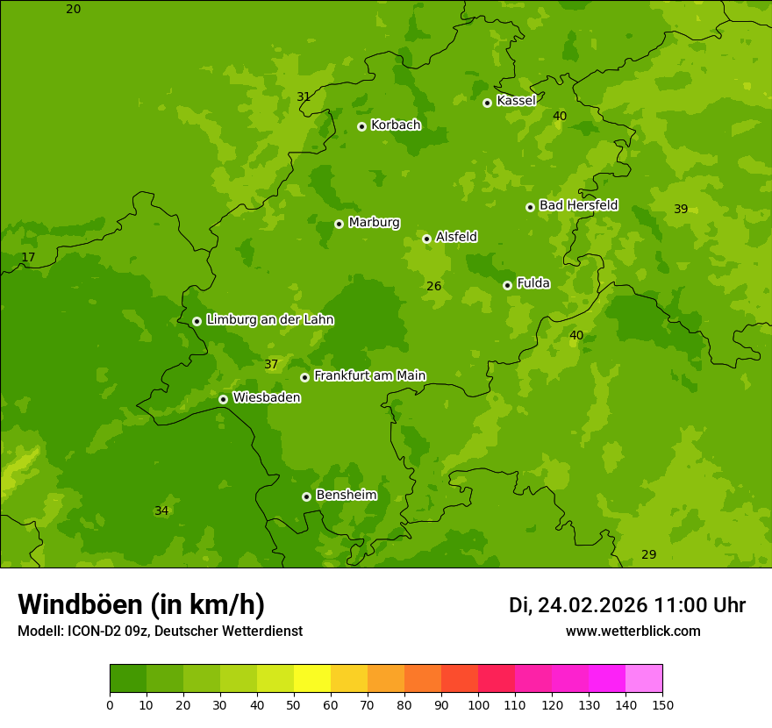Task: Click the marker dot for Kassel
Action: click(487, 103)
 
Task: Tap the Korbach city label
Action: click(396, 125)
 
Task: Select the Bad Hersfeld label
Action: click(578, 205)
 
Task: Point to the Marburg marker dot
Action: click(339, 224)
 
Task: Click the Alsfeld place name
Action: click(456, 237)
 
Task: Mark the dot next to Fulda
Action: click(507, 285)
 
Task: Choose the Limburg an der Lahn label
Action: click(269, 320)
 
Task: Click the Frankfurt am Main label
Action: click(369, 375)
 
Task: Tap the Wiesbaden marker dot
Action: click(223, 399)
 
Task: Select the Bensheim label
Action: click(346, 495)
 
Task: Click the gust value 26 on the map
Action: click(433, 286)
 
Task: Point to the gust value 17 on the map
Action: click(28, 258)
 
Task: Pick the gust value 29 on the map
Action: click(648, 554)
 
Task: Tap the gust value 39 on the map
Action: click(681, 209)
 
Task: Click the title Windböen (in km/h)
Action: click(141, 604)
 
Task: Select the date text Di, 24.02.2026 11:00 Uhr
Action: click(627, 605)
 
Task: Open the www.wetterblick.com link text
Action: click(633, 632)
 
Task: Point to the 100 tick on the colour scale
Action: click(478, 704)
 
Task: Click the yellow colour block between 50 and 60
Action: click(312, 679)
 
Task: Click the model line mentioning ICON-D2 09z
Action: click(160, 632)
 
